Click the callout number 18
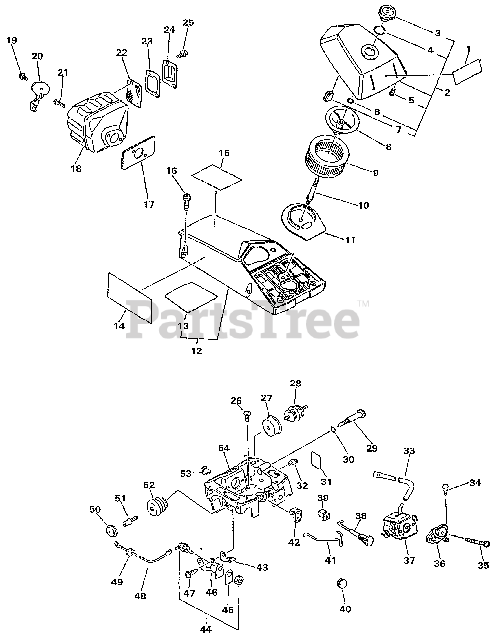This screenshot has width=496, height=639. click(76, 169)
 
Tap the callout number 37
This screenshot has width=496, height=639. click(409, 560)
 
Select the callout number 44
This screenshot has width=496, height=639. click(205, 630)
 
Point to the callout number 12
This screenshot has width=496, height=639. click(197, 351)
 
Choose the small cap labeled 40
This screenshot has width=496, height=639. click(343, 584)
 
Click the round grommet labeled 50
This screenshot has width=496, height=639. click(109, 530)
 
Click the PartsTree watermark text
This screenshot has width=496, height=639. click(245, 317)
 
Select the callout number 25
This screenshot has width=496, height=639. click(188, 23)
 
